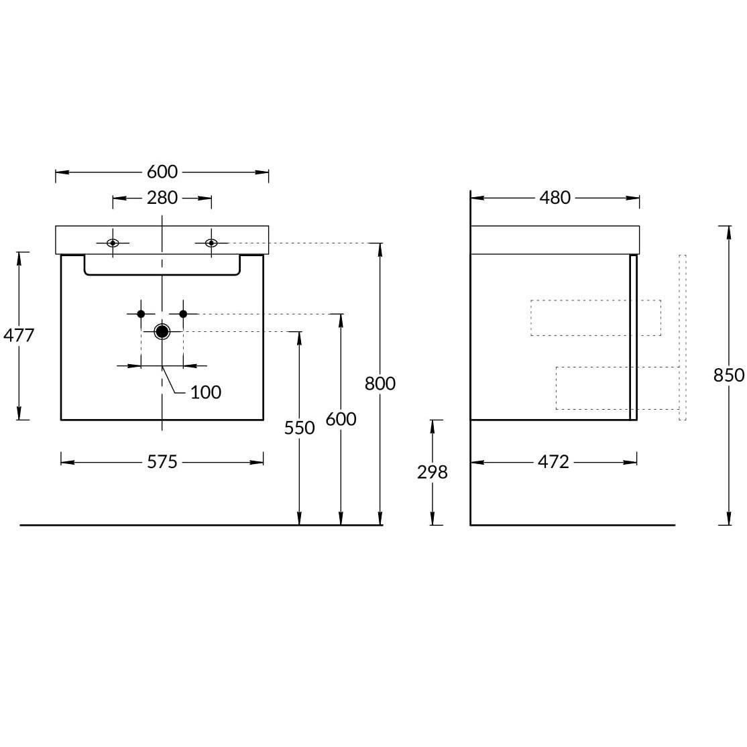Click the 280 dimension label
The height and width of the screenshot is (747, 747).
click(x=162, y=198)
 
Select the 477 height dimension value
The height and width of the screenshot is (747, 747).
click(x=19, y=335)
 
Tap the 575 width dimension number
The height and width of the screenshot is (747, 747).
click(x=162, y=461)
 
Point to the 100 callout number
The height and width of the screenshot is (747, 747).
click(x=206, y=392)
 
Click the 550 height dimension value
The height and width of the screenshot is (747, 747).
click(x=299, y=428)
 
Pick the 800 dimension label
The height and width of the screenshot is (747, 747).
click(x=380, y=383)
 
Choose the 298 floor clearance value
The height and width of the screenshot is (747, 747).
click(x=432, y=472)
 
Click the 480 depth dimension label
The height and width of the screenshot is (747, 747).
click(x=555, y=198)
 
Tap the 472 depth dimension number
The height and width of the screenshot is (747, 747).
click(x=554, y=461)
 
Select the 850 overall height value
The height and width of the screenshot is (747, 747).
click(x=729, y=376)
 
